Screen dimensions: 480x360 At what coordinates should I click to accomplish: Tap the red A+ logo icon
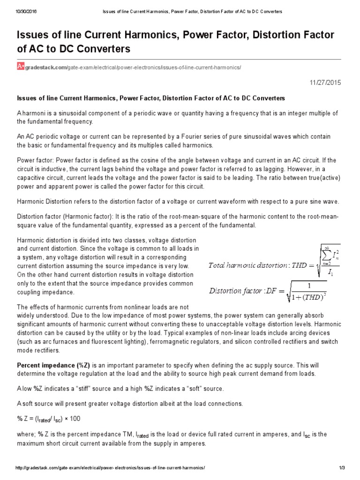point(21,67)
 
